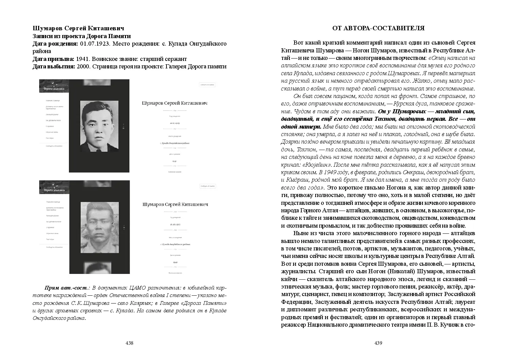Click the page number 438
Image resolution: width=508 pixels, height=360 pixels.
coord(129,343)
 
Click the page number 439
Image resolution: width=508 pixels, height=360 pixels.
coord(378,343)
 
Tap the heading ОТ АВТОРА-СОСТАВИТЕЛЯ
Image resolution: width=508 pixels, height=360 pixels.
coord(378,28)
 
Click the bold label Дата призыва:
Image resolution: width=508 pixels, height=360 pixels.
coord(54,59)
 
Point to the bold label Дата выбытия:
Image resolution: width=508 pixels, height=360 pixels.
coord(54,66)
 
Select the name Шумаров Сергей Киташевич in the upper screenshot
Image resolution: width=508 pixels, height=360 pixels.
coord(174,103)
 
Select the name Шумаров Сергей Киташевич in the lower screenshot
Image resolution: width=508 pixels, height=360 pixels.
coord(175,204)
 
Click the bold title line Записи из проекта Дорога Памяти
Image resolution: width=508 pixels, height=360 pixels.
coord(82,36)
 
